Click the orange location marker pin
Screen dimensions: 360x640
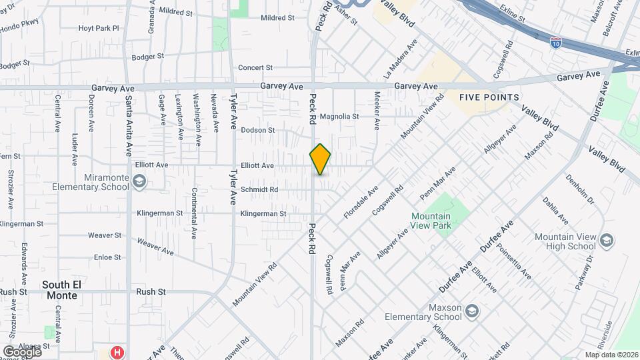coord(320,159)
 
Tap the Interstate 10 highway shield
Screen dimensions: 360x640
coord(555,43)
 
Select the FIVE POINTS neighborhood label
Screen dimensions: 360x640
coord(489,97)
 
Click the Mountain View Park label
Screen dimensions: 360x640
coord(431,221)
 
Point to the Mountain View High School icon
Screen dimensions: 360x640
coord(606,239)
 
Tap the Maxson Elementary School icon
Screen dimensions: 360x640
coord(471,311)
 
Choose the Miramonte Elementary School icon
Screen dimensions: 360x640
coord(139,181)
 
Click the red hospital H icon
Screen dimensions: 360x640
coord(117,352)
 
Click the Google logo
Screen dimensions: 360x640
coord(22,351)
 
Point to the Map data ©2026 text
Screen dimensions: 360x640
coord(611,355)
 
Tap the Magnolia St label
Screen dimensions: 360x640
coord(339,116)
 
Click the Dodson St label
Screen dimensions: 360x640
coord(258,130)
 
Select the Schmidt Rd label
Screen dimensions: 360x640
coord(259,189)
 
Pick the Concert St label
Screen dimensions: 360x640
coord(256,67)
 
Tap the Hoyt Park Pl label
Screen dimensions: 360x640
coord(98,28)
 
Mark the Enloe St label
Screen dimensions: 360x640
coord(107,257)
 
